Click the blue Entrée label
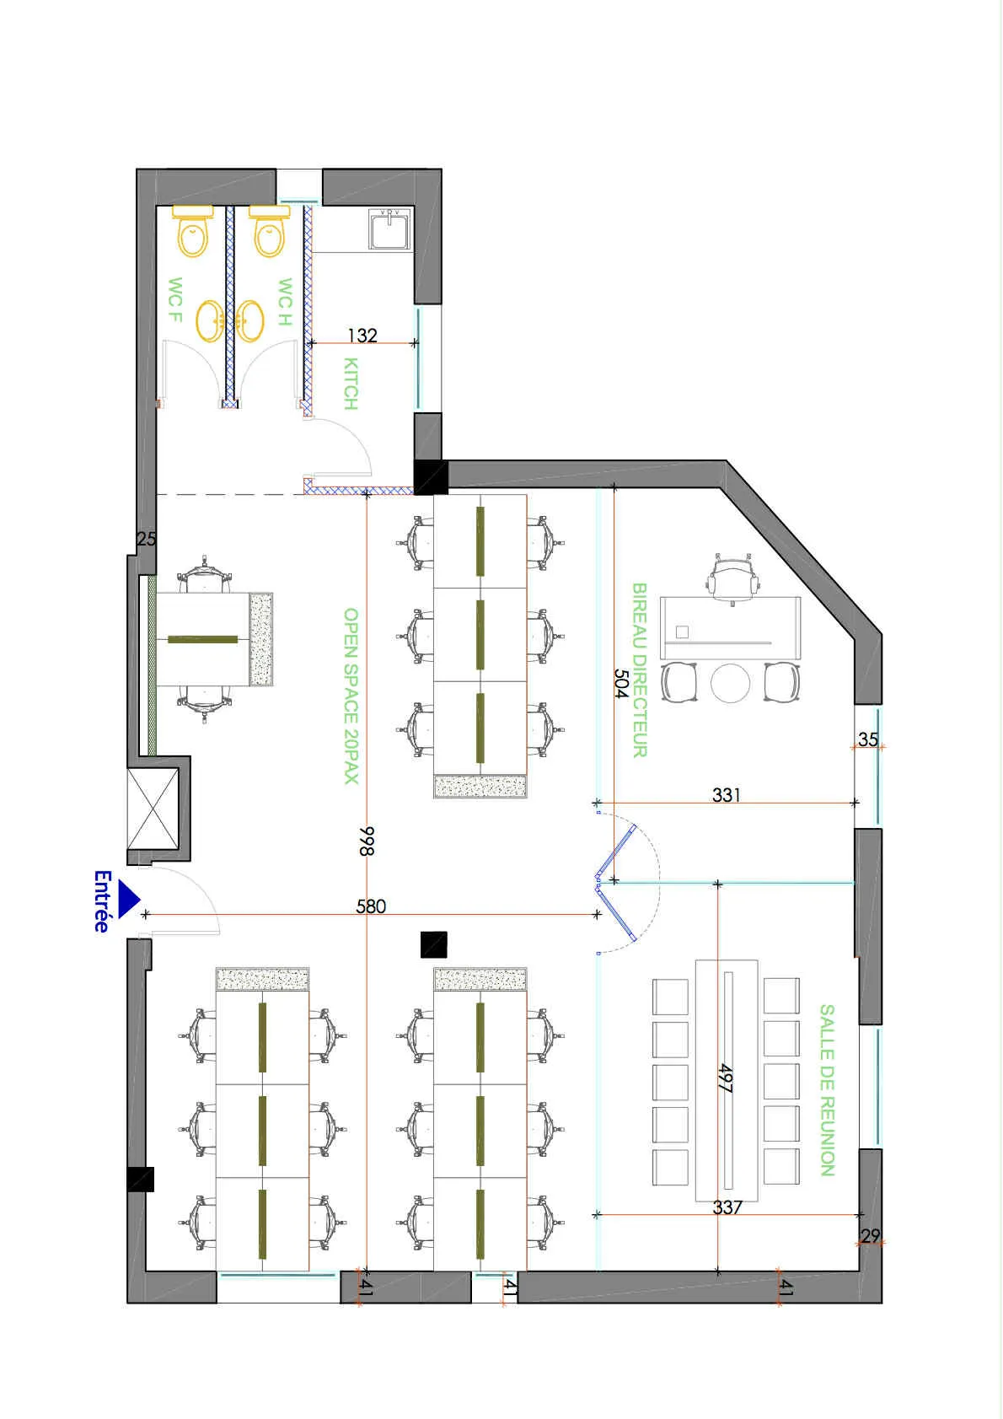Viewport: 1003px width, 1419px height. pyautogui.click(x=102, y=901)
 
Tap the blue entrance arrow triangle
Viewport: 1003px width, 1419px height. pyautogui.click(x=128, y=899)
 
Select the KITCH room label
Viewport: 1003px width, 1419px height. pyautogui.click(x=351, y=384)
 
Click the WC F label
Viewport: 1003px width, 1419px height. pyautogui.click(x=175, y=299)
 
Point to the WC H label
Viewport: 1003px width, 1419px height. pyautogui.click(x=285, y=302)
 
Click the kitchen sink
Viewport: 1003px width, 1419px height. pyautogui.click(x=389, y=229)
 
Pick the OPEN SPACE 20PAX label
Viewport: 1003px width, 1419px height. pyautogui.click(x=351, y=696)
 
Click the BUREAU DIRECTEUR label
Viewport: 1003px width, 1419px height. pyautogui.click(x=640, y=669)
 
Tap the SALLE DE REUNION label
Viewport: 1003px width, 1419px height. pyautogui.click(x=827, y=1089)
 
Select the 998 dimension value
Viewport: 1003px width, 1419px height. pyautogui.click(x=367, y=841)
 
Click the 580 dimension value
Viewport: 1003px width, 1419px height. pyautogui.click(x=371, y=906)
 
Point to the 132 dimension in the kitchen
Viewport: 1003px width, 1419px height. pyautogui.click(x=362, y=336)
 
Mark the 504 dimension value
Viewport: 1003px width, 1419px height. pyautogui.click(x=621, y=683)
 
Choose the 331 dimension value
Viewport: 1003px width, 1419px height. pyautogui.click(x=727, y=794)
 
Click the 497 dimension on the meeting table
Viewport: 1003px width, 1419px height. pyautogui.click(x=725, y=1078)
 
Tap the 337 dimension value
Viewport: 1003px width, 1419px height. pyautogui.click(x=727, y=1207)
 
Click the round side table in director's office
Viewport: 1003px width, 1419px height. pyautogui.click(x=730, y=683)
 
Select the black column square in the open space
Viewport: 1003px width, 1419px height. pyautogui.click(x=433, y=944)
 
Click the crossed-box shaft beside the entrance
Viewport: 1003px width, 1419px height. pyautogui.click(x=153, y=809)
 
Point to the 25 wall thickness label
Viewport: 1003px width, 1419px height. pyautogui.click(x=147, y=539)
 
